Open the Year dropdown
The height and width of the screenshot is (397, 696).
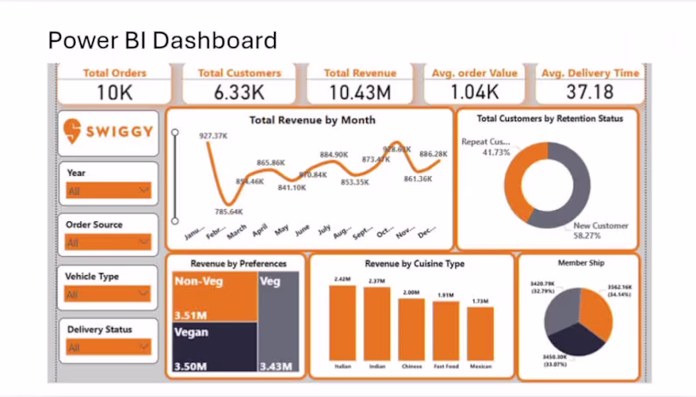point(108,191)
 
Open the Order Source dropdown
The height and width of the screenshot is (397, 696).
point(108,242)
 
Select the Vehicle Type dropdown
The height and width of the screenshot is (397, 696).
point(108,294)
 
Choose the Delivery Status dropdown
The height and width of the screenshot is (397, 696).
point(108,347)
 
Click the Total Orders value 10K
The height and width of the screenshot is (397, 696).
point(115,91)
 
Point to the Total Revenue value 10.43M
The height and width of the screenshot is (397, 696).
point(360,91)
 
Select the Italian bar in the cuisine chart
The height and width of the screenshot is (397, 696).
point(342,322)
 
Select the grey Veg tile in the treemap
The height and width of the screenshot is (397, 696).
point(278,322)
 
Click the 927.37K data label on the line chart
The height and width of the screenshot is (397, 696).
point(212,136)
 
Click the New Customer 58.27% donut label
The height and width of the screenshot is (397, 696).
point(599,230)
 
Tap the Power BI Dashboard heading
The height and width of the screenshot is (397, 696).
point(162,40)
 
